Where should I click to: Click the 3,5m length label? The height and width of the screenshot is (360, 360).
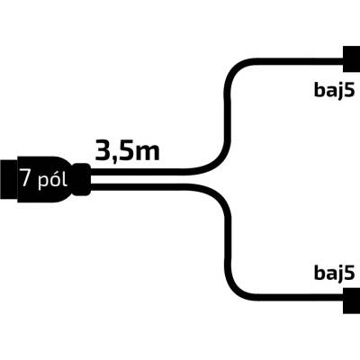tap(127, 150)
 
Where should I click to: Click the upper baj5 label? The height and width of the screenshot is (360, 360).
tap(335, 89)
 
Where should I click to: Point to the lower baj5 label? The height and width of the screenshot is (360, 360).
tap(335, 272)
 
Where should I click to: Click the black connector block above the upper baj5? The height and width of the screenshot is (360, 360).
tap(352, 58)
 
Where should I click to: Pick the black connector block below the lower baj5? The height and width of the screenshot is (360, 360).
tap(352, 301)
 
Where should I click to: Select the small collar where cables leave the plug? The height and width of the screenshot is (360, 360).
tap(81, 179)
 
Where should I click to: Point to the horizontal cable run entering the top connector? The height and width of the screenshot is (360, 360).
tap(300, 62)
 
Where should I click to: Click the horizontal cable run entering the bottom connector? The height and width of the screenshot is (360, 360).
tap(300, 298)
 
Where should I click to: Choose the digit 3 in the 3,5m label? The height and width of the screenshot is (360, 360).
tap(102, 150)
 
